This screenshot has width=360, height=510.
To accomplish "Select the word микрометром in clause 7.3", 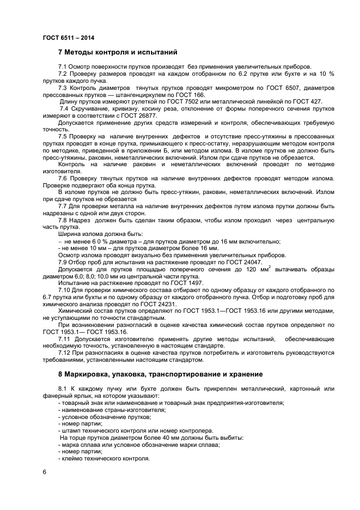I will [224, 87].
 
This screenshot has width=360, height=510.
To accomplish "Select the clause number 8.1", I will [63, 388].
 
